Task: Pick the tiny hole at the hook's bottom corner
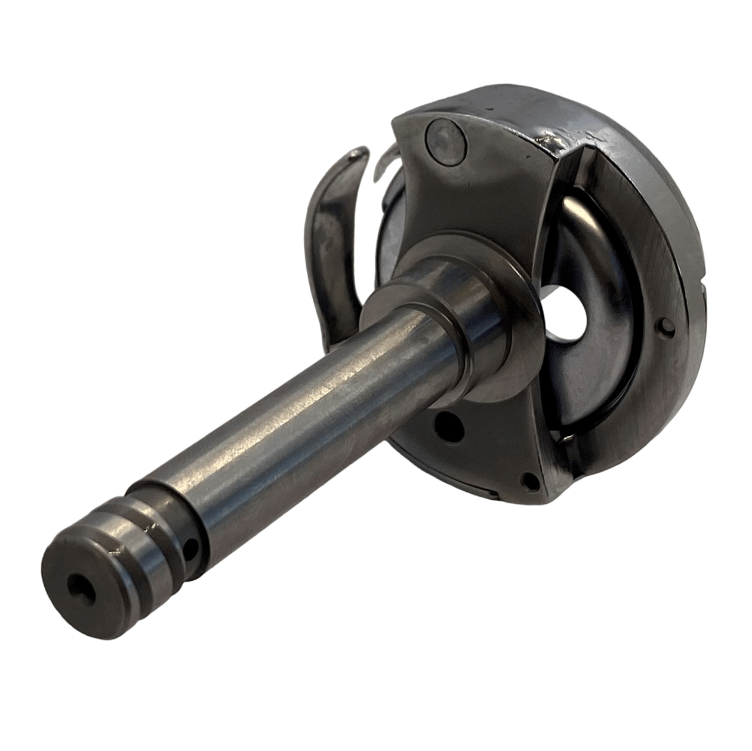coord(528,479)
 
